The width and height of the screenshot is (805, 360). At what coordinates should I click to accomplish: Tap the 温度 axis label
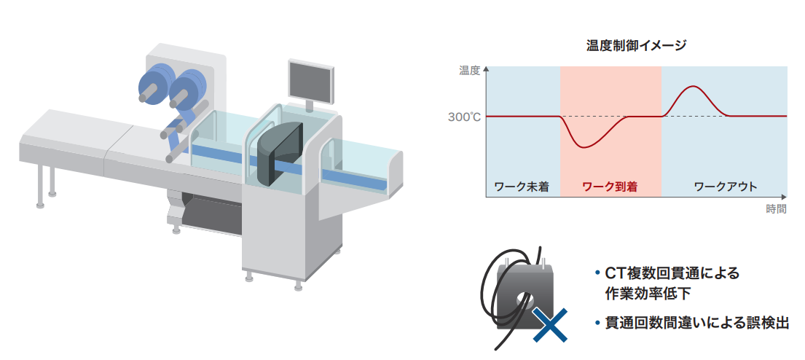(x=469, y=71)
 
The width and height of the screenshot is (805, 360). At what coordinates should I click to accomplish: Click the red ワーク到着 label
(x=610, y=187)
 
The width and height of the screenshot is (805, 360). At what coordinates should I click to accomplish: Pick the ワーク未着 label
(x=521, y=187)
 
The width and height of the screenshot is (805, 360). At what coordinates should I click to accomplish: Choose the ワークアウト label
(x=726, y=187)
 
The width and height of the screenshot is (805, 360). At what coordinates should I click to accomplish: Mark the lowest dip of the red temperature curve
(x=586, y=148)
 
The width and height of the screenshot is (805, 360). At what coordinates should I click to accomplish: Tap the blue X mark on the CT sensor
(x=550, y=325)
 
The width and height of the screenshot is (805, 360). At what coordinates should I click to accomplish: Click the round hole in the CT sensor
(x=525, y=298)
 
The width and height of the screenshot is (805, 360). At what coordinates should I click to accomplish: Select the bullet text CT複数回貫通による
(x=672, y=273)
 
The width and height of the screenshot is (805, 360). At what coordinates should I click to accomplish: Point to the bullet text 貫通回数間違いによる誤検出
(x=696, y=323)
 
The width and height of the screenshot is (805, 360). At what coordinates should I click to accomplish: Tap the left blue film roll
(x=155, y=85)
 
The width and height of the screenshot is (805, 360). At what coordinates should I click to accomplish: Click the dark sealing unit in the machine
(x=279, y=154)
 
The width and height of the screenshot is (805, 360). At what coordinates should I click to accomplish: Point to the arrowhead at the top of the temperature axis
(x=486, y=69)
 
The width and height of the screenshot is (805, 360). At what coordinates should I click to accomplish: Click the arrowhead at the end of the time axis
(x=783, y=197)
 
